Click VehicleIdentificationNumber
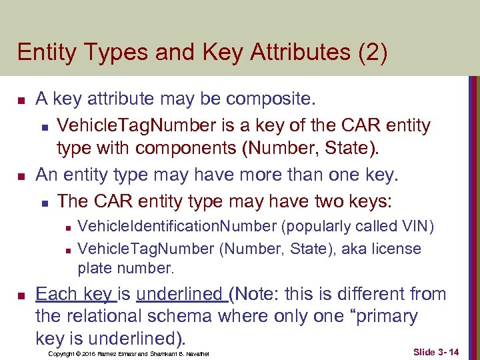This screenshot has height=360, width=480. (x=177, y=227)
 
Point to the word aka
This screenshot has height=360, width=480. (x=352, y=249)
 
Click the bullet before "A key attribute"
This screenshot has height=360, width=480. (x=21, y=101)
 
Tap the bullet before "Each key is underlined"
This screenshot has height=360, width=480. (x=21, y=295)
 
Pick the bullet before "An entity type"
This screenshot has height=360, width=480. (x=21, y=177)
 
